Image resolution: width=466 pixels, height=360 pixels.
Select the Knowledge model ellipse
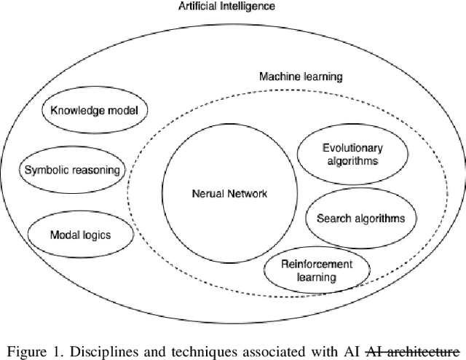[x=94, y=111]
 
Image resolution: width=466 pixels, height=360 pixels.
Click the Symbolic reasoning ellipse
[x=71, y=170]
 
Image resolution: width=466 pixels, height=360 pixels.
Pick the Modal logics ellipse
[x=80, y=235]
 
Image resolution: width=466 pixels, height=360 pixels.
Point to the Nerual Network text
[x=230, y=194]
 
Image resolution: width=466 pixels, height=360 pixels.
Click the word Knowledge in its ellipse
[x=74, y=111]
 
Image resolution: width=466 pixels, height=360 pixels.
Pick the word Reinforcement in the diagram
[x=316, y=264]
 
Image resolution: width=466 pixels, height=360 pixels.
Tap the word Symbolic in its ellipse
[x=45, y=170]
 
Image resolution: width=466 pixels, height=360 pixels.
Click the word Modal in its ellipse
[x=63, y=235]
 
